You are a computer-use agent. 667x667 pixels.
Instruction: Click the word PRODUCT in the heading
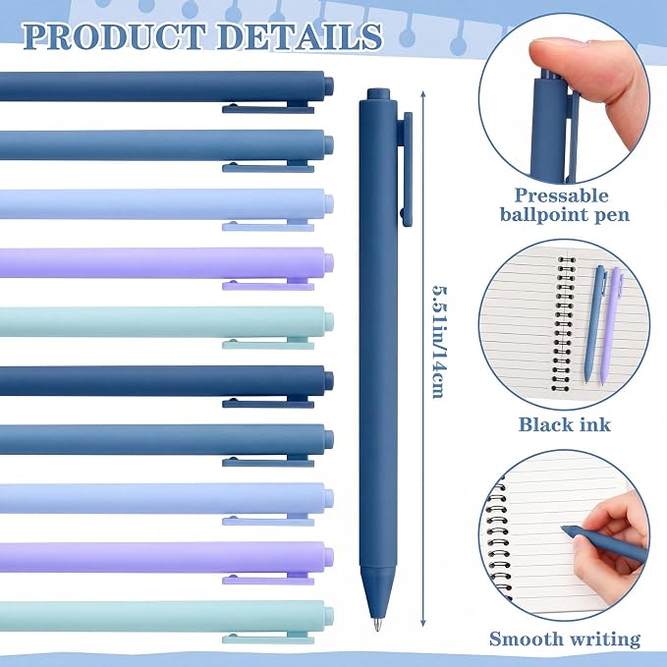(114, 36)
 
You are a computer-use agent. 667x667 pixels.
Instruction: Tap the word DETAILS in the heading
(300, 36)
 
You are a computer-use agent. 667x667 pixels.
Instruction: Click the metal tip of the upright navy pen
(377, 624)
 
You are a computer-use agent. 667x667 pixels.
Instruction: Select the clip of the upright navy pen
(407, 169)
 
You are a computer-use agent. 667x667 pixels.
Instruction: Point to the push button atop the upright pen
(378, 94)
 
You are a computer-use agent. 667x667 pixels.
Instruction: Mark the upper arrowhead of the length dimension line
(422, 93)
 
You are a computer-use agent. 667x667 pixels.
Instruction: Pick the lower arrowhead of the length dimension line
(422, 623)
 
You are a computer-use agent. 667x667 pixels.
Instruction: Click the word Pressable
(562, 195)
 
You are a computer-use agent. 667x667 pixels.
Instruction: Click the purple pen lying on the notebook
(612, 326)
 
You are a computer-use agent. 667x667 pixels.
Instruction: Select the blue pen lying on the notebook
(595, 323)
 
